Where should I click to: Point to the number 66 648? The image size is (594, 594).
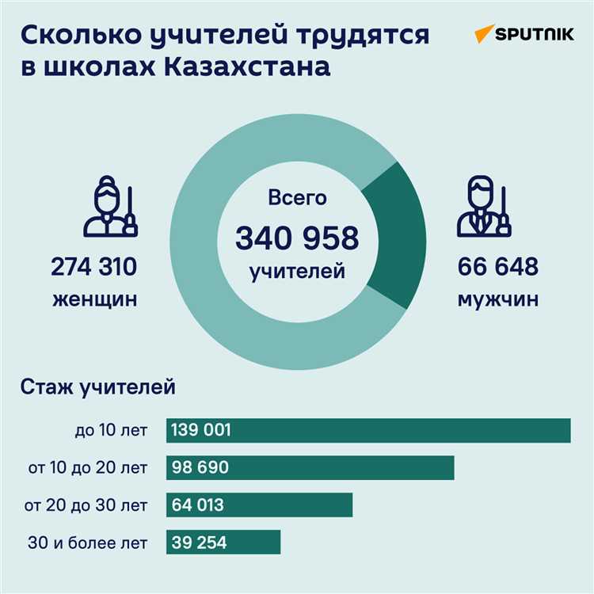click(498, 268)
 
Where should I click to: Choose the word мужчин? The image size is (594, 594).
click(498, 300)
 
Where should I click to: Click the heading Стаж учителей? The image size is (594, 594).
click(97, 388)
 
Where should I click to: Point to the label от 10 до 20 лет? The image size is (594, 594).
click(87, 468)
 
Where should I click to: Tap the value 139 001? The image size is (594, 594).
click(201, 430)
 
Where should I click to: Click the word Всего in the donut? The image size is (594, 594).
click(297, 198)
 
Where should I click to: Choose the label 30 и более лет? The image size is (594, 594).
click(87, 543)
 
